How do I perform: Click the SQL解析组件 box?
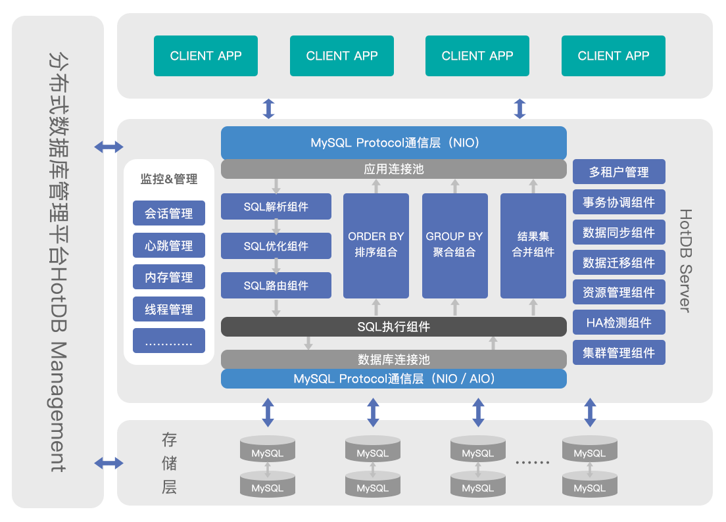276,206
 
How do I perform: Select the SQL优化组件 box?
276,246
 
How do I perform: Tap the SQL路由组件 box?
276,285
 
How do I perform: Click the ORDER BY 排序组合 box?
376,246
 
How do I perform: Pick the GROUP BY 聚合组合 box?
454,246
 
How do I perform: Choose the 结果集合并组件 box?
533,246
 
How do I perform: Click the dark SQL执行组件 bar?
393,327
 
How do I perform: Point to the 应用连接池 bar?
393,169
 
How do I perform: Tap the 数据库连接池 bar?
393,359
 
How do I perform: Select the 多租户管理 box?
619,172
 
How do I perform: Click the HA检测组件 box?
619,322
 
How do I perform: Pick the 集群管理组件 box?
619,352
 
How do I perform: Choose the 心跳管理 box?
169,245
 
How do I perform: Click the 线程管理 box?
169,309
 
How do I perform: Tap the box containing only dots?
169,341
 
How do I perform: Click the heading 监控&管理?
169,179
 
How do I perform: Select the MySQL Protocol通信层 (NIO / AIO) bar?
393,379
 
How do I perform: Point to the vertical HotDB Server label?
686,260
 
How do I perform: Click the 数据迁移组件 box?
619,262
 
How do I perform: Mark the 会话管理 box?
169,213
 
